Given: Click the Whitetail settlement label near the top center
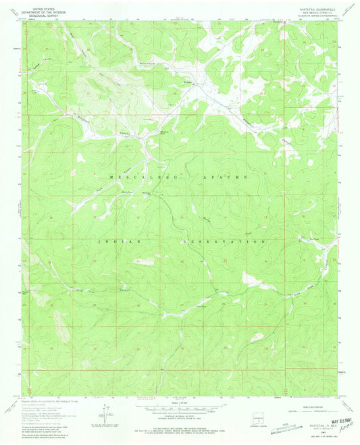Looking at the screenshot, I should (189, 84).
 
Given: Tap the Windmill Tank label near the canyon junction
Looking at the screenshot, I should (164, 133).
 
